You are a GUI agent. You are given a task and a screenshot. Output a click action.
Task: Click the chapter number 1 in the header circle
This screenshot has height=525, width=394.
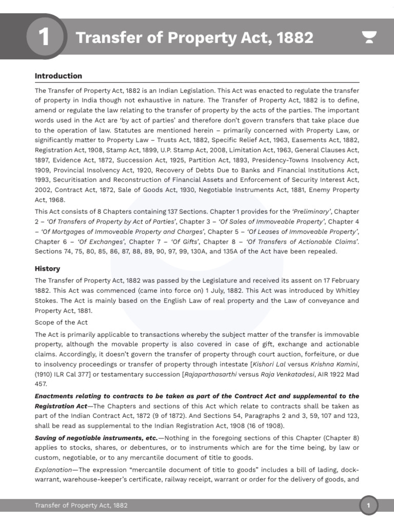click(45, 37)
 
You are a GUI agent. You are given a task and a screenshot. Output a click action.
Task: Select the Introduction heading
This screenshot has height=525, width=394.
click(58, 76)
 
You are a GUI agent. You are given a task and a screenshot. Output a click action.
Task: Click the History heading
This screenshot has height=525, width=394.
click(47, 269)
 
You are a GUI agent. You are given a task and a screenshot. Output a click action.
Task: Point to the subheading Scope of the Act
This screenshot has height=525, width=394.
click(61, 322)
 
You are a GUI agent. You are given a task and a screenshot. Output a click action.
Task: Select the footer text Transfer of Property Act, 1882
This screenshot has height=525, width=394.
click(81, 506)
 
